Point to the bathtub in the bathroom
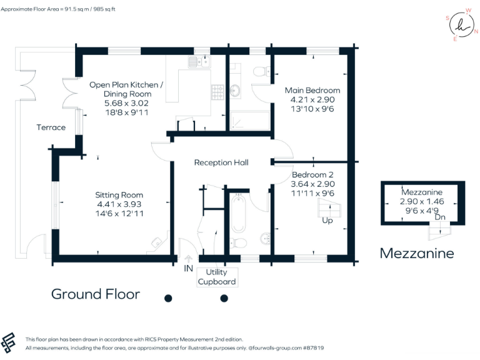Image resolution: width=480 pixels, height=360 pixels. tap(239, 213)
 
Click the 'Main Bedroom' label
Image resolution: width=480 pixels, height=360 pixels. tap(312, 90)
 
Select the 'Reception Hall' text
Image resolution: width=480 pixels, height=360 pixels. tap(221, 162)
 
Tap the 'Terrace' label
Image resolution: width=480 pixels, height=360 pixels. tap(51, 127)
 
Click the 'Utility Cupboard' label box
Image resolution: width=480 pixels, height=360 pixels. tap(217, 277)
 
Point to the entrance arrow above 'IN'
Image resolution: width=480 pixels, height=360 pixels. tap(188, 258)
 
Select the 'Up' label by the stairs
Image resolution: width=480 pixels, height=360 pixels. tap(327, 221)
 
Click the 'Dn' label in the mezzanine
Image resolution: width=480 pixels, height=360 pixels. tap(440, 217)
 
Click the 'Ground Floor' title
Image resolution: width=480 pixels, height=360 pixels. tap(95, 294)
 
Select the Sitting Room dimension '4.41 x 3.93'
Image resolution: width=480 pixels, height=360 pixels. tap(119, 204)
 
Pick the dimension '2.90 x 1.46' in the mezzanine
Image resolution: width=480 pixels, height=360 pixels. tap(422, 202)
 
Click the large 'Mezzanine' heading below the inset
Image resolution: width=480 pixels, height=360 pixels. tap(417, 253)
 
